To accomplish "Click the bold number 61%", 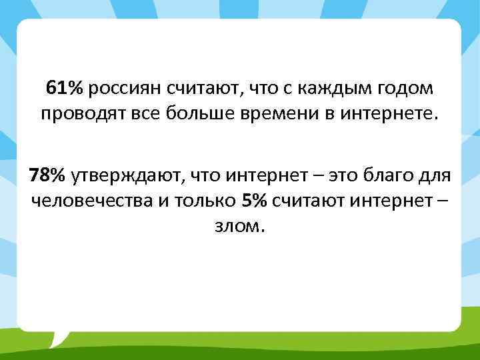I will (65, 88).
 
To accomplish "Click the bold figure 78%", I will (47, 175).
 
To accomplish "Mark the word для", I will (436, 175).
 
